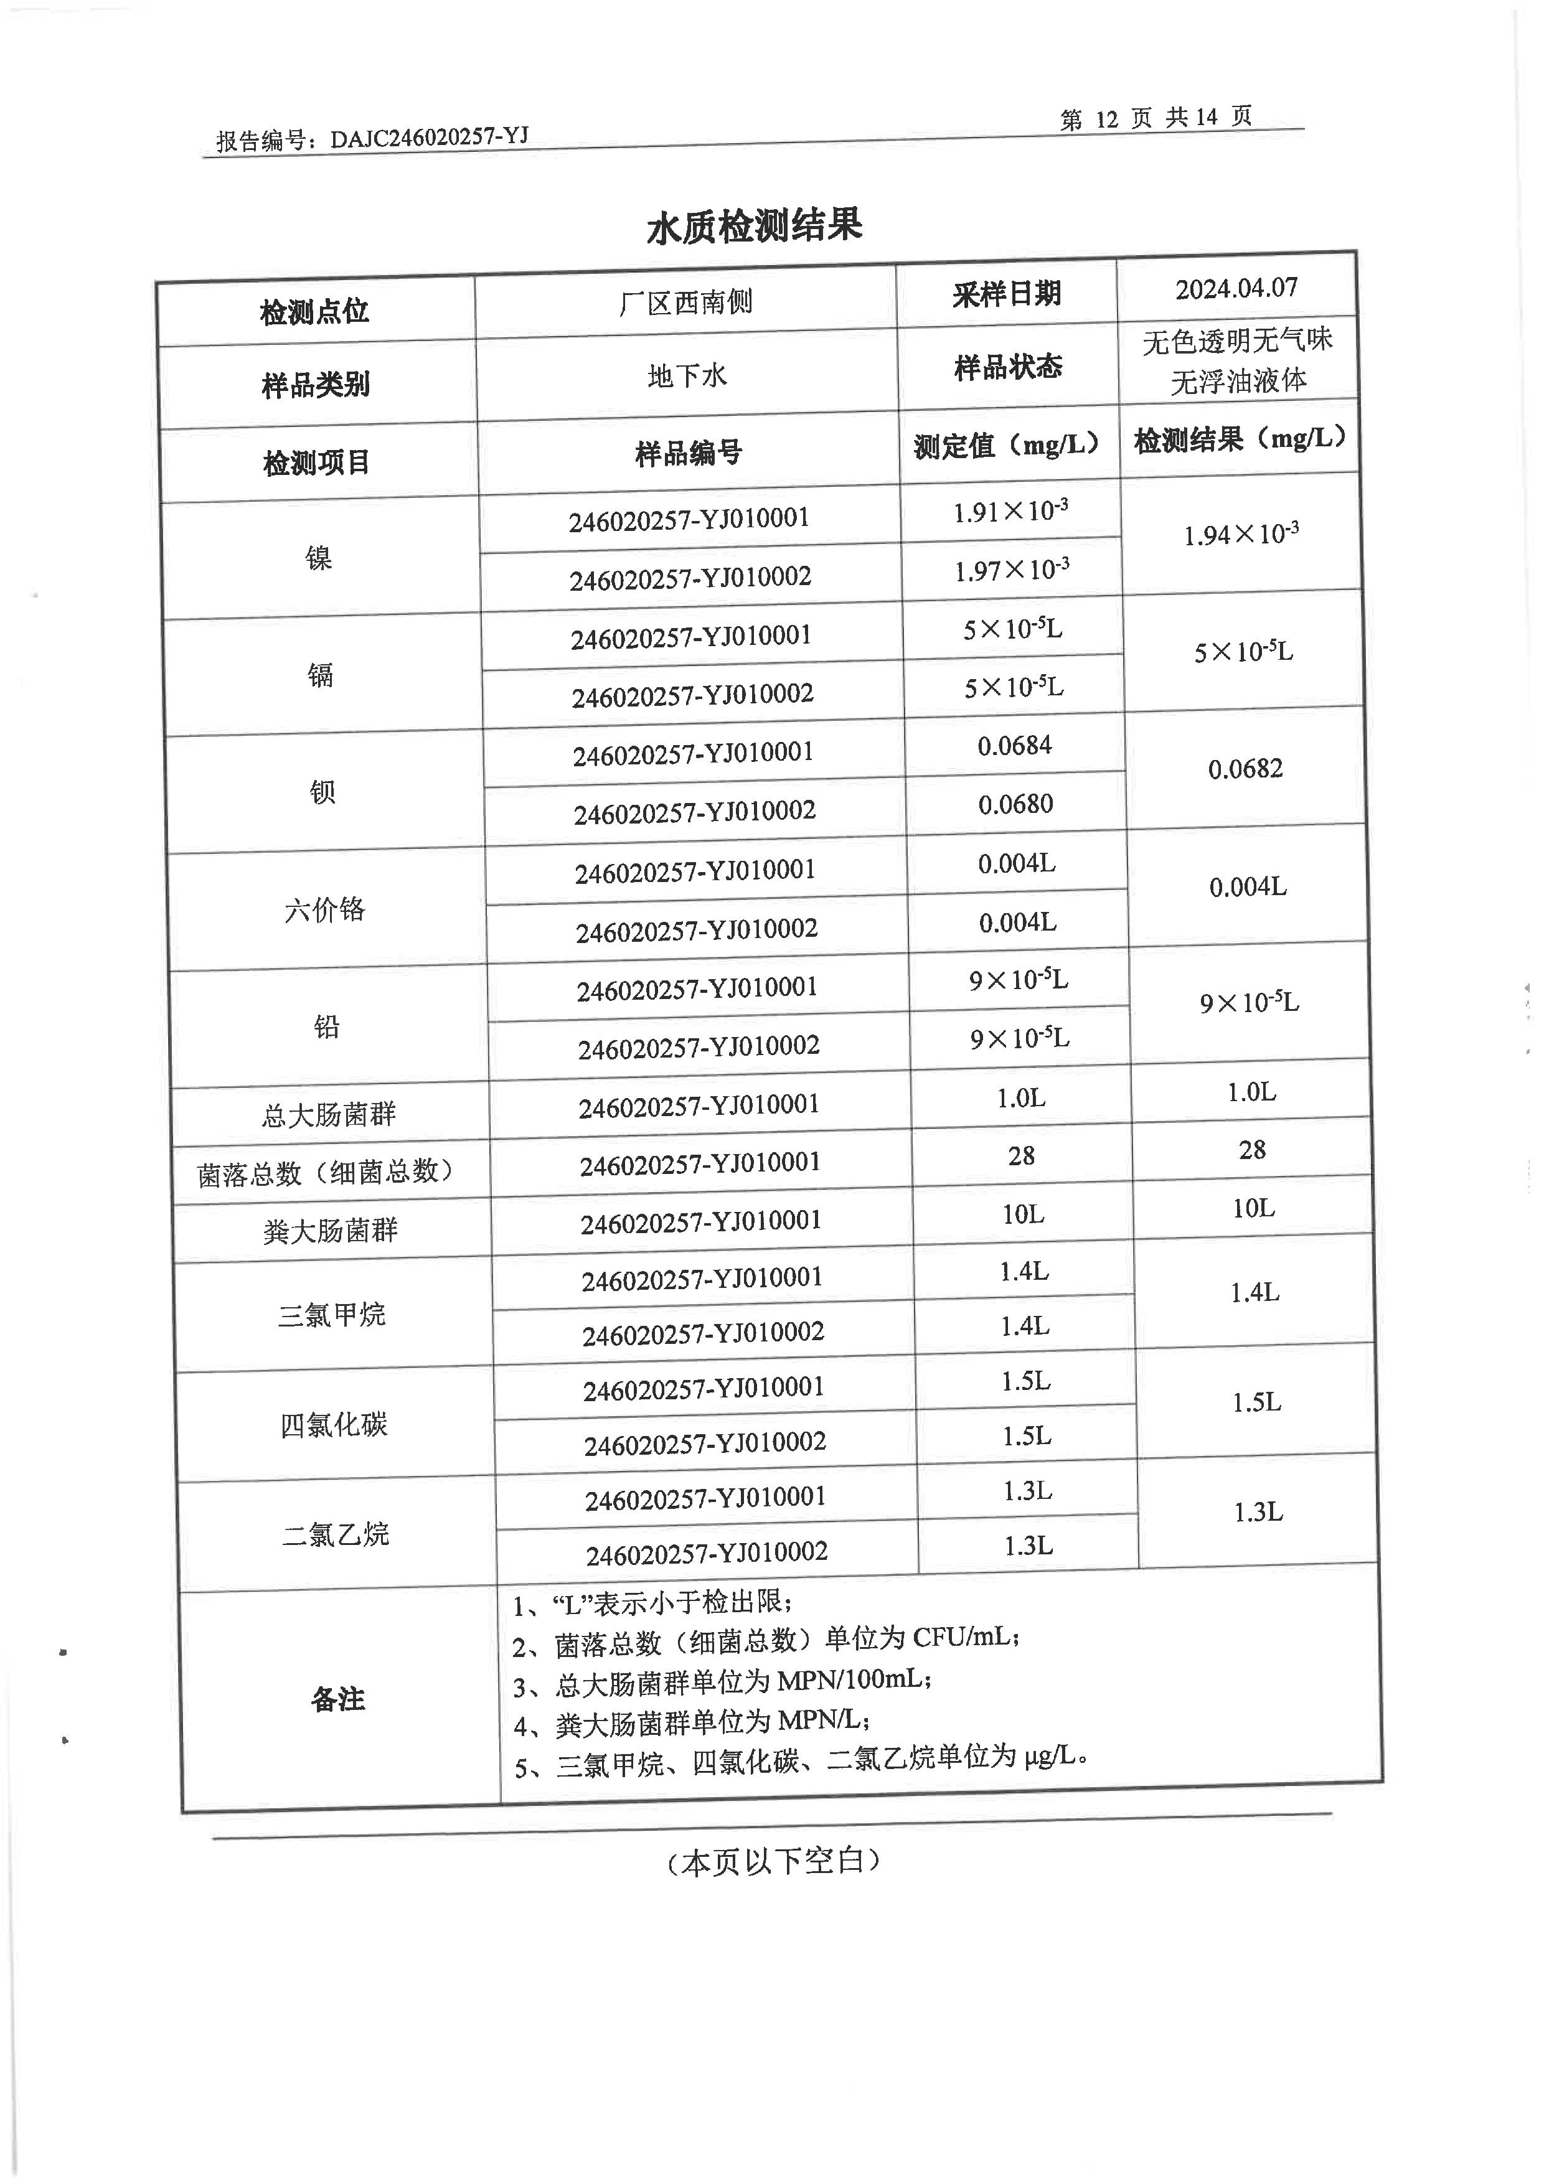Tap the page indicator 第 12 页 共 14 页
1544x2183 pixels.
click(x=1155, y=118)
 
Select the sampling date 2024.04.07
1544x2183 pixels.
click(x=1236, y=288)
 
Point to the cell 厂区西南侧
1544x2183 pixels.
click(x=685, y=303)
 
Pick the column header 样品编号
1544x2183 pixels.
click(x=689, y=454)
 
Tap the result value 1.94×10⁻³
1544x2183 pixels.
click(x=1241, y=534)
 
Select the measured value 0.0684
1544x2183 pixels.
click(x=1014, y=746)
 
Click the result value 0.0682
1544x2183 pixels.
click(x=1245, y=768)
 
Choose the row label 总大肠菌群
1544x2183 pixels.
click(x=329, y=1114)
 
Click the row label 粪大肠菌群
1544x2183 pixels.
click(x=331, y=1231)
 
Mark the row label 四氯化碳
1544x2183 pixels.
click(x=334, y=1424)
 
